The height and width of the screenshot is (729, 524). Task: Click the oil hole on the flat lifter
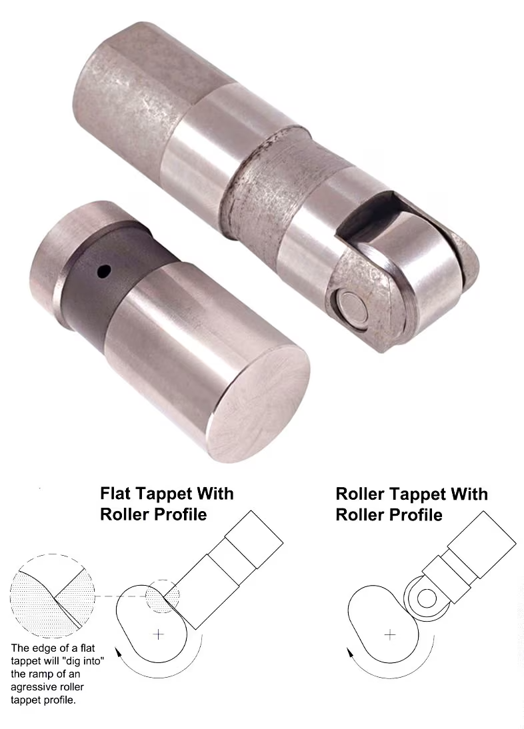(104, 271)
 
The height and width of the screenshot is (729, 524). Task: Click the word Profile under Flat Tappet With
(179, 514)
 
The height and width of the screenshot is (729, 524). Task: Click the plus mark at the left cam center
(159, 634)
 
